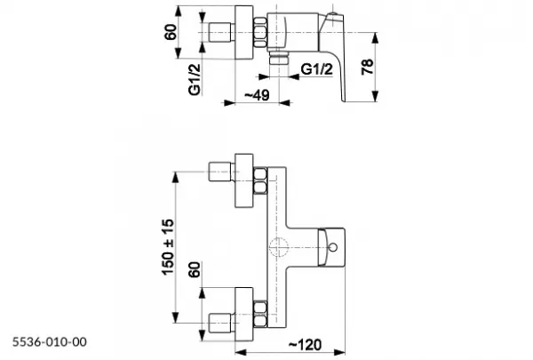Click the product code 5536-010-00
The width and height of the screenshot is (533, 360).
click(x=50, y=341)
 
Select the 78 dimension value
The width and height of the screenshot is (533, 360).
click(x=368, y=67)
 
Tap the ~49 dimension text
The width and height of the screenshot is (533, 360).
click(x=257, y=95)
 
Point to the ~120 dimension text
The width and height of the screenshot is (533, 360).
click(x=306, y=345)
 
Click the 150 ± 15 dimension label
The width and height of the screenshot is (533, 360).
click(x=168, y=247)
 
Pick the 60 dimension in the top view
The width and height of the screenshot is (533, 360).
click(x=171, y=32)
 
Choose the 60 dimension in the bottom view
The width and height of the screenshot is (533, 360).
click(x=195, y=269)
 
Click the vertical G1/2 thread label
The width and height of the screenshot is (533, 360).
click(x=195, y=80)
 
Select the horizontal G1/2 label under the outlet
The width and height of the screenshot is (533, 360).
click(x=317, y=69)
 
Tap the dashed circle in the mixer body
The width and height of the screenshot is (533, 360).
click(x=278, y=247)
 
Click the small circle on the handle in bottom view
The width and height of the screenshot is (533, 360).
click(x=333, y=247)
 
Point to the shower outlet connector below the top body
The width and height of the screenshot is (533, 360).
click(x=278, y=58)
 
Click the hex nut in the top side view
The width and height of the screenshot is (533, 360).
click(x=260, y=32)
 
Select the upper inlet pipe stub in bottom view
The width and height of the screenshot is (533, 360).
click(x=221, y=172)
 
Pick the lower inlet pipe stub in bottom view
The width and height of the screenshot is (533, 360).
click(x=221, y=324)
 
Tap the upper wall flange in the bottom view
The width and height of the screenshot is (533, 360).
click(x=244, y=180)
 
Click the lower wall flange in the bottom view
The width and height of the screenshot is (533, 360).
click(x=244, y=314)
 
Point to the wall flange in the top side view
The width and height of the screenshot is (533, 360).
click(x=244, y=32)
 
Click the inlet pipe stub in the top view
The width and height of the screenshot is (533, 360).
click(x=221, y=32)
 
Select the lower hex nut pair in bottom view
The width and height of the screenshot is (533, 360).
click(x=260, y=314)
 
